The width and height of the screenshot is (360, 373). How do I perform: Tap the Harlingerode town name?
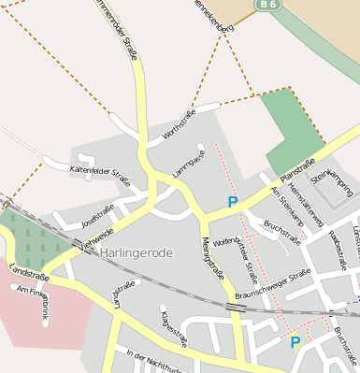pos(137,251)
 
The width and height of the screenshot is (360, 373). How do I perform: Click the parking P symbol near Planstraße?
pos(233,201)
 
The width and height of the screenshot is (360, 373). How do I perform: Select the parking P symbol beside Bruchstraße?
pos(295,342)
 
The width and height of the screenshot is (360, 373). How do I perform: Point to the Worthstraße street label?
pos(181,129)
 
